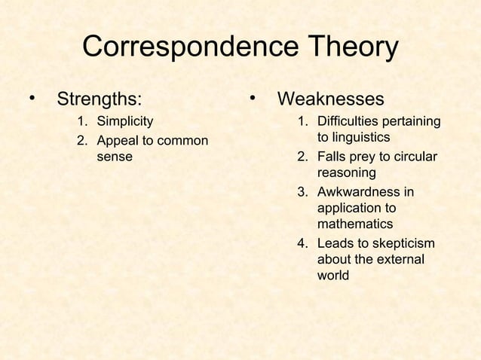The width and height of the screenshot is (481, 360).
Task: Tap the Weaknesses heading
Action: [331, 99]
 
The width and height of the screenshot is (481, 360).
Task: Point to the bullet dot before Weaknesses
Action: [255, 99]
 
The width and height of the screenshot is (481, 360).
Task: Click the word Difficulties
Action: [348, 121]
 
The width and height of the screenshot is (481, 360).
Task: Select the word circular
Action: [412, 157]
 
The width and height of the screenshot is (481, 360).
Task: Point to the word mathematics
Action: [355, 224]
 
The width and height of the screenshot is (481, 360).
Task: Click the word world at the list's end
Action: [333, 276]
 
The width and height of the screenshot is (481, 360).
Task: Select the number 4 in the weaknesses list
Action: [302, 243]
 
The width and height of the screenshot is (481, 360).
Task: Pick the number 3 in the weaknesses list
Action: [302, 191]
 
